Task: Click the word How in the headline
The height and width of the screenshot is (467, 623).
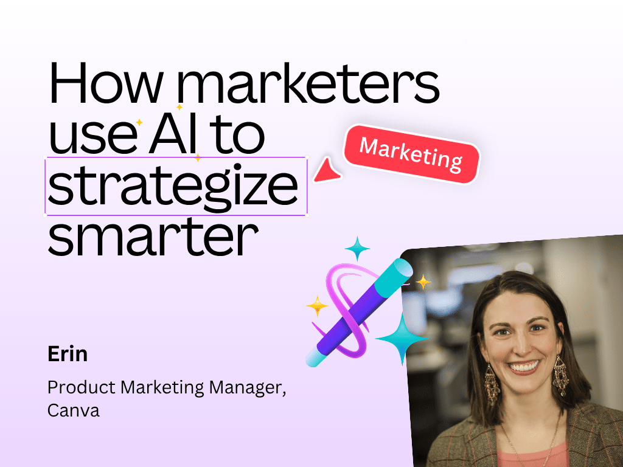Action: (105, 83)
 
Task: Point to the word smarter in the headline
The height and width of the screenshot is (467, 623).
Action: (153, 237)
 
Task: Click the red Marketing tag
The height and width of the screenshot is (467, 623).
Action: (412, 154)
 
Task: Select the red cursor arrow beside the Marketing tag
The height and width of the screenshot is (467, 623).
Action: (327, 170)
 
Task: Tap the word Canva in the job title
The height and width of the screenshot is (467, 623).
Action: (73, 410)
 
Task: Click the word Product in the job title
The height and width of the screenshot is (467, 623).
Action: (82, 387)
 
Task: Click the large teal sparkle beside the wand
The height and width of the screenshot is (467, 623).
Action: (402, 338)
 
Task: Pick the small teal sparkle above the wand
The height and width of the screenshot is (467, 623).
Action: (357, 248)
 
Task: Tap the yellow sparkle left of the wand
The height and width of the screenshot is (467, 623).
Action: (317, 306)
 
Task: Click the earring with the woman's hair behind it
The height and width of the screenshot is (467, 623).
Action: (560, 375)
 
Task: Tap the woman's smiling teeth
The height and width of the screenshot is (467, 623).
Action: (524, 366)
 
